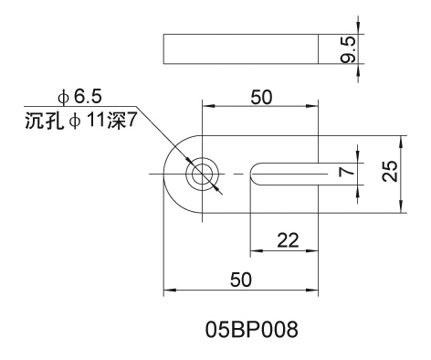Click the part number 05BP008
251,330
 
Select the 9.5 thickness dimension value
348,49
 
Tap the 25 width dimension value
390,172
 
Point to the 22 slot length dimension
288,240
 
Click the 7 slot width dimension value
347,172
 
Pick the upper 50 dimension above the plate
261,98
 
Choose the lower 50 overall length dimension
241,280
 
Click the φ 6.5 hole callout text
79,97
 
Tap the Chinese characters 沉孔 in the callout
45,122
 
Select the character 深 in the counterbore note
116,122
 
